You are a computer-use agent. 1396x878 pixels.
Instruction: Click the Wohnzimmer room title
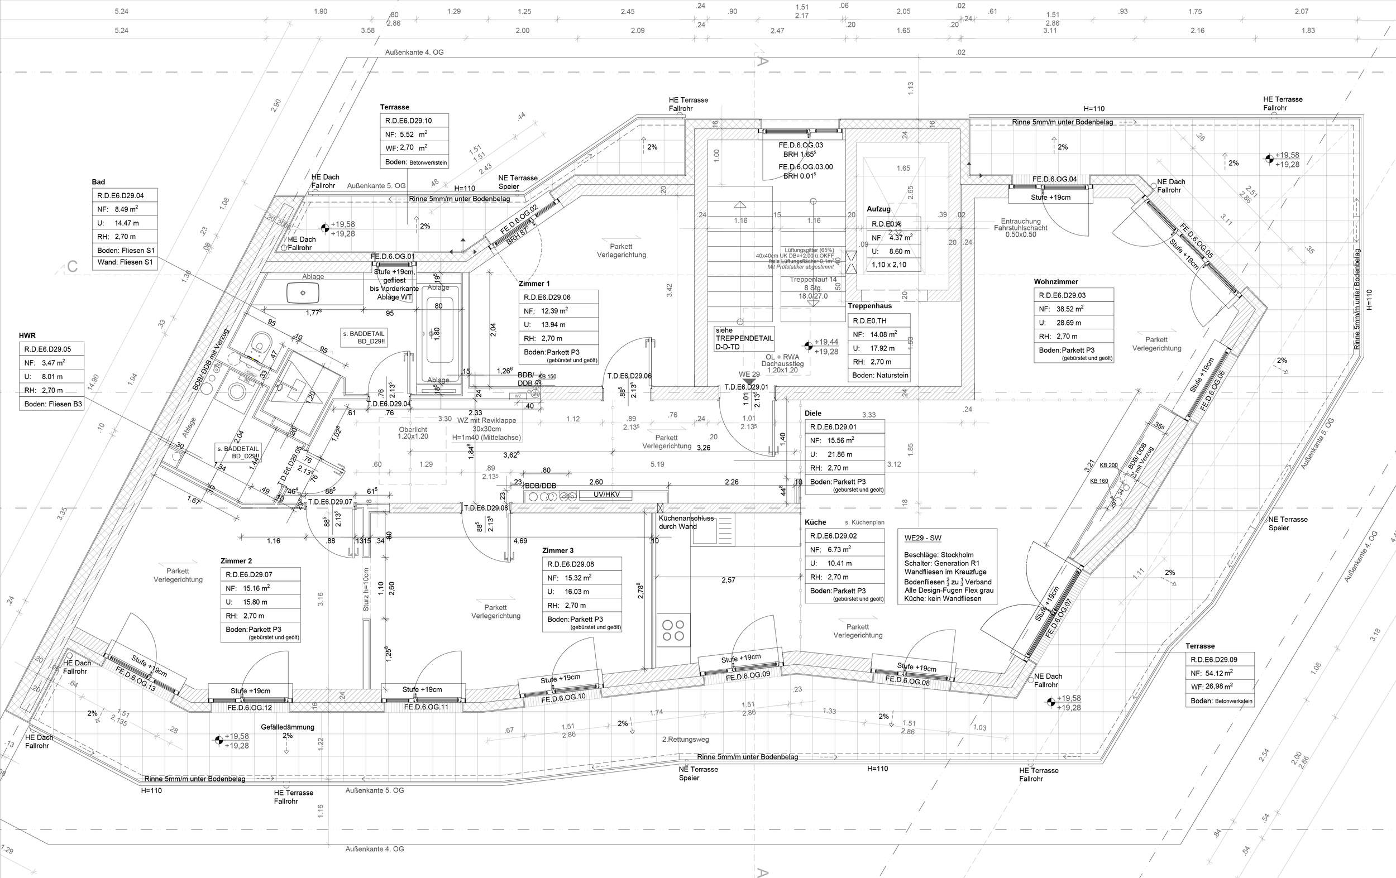(x=1056, y=282)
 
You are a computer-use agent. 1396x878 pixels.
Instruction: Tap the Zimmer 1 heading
(x=534, y=284)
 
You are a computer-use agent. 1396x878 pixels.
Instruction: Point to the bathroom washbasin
(x=303, y=292)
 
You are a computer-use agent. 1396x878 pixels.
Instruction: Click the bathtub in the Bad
(x=438, y=333)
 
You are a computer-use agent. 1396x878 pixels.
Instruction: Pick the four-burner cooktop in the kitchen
(x=673, y=630)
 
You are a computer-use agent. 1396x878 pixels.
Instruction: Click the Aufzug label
(x=878, y=209)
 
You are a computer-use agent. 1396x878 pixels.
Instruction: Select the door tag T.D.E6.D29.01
(x=746, y=387)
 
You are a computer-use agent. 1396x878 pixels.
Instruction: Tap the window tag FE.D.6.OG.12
(x=249, y=708)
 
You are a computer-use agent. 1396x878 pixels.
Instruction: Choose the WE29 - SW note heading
(x=923, y=538)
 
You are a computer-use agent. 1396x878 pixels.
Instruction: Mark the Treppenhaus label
(x=869, y=305)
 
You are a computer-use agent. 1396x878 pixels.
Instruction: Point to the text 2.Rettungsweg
(x=685, y=740)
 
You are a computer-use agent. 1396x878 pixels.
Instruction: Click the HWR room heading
(x=27, y=335)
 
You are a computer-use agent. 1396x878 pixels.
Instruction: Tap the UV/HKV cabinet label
(x=606, y=495)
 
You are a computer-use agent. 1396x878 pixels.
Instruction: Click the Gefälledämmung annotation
(x=287, y=727)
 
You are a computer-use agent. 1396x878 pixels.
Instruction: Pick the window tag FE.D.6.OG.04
(x=1054, y=179)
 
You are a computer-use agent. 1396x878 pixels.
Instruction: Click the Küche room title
(x=815, y=522)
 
